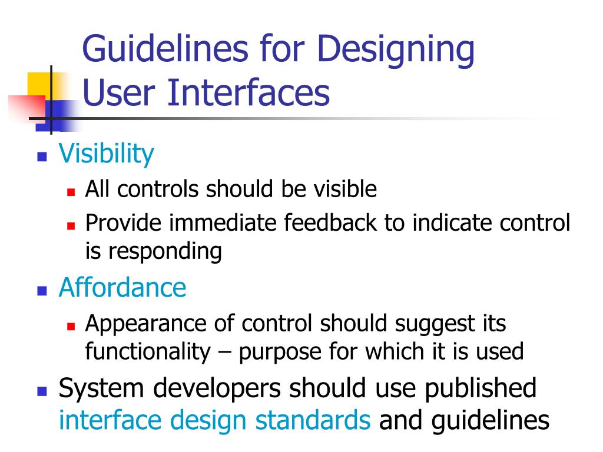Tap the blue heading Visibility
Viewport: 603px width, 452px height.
(x=106, y=154)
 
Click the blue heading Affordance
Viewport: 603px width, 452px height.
(x=122, y=287)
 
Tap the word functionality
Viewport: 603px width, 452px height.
(x=147, y=351)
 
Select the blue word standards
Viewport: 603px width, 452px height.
(x=313, y=421)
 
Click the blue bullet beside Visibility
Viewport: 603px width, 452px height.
(x=42, y=157)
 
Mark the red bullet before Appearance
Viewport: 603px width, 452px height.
(x=71, y=325)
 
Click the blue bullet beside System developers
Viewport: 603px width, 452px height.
(x=42, y=391)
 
